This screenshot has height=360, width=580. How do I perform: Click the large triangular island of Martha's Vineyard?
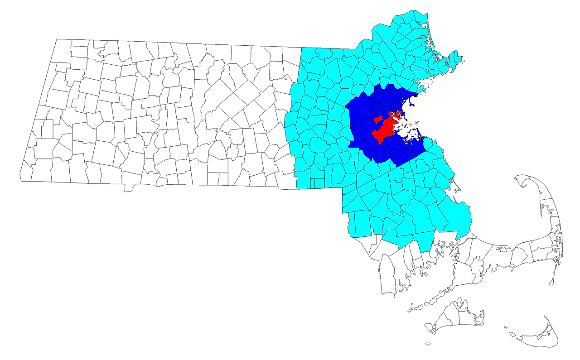pyautogui.click(x=453, y=317)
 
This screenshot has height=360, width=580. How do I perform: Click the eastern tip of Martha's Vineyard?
pyautogui.click(x=482, y=315)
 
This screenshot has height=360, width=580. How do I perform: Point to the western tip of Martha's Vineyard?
pyautogui.click(x=427, y=329)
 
